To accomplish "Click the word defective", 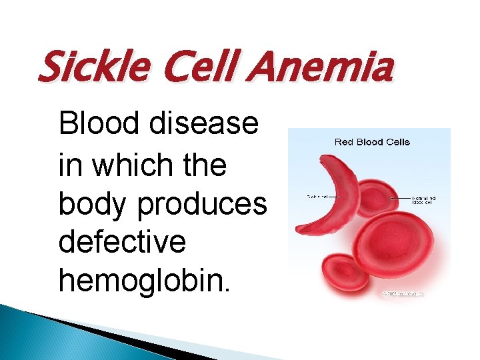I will point(122,242).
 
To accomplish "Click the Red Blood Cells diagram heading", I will point(371,141).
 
